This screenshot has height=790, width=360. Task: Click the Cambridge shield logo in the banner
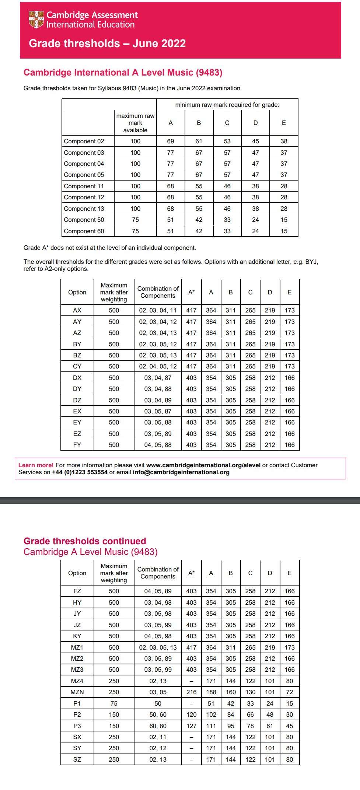(36, 20)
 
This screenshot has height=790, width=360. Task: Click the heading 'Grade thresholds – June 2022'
(107, 43)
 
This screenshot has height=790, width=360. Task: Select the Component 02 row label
(84, 141)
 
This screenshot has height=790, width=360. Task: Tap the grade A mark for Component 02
(170, 141)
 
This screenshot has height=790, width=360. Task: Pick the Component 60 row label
(84, 231)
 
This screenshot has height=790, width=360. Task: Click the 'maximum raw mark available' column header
(135, 123)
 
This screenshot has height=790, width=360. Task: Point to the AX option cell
(77, 311)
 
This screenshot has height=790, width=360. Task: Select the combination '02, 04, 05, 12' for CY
(158, 367)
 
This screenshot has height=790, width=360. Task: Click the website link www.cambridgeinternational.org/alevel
(203, 465)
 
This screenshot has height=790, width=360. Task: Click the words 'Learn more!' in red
(36, 465)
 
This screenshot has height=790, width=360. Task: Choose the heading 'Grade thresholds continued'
(85, 541)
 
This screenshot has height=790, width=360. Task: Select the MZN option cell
(77, 692)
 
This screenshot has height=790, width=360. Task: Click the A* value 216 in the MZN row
(191, 692)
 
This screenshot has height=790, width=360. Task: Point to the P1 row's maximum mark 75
(114, 704)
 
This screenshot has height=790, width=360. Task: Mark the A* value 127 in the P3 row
(191, 726)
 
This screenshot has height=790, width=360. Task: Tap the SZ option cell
(77, 760)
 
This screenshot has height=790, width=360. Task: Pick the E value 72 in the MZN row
(290, 692)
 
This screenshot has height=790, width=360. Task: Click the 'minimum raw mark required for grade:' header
(227, 105)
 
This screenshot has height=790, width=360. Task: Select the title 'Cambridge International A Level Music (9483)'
(123, 73)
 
